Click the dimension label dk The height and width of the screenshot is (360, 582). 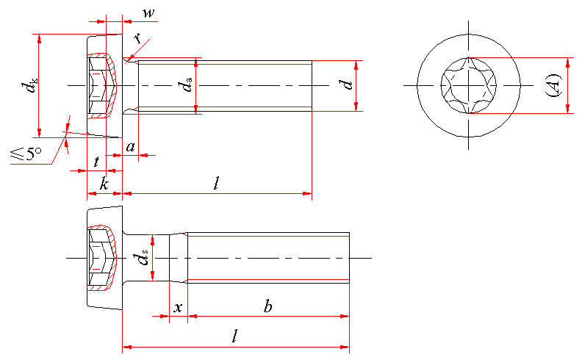tap(29, 86)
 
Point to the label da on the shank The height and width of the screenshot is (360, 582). tap(188, 86)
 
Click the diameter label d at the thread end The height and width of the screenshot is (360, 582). tap(348, 85)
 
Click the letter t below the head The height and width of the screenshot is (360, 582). tap(96, 161)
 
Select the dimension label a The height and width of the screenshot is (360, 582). tap(131, 147)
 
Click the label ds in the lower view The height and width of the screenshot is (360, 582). tap(143, 258)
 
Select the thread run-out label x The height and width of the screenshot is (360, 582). tap(177, 307)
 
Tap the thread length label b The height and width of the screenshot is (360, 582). tap(268, 306)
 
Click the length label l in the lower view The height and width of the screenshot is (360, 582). tap(234, 336)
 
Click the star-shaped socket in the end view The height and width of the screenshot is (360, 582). tap(468, 86)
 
